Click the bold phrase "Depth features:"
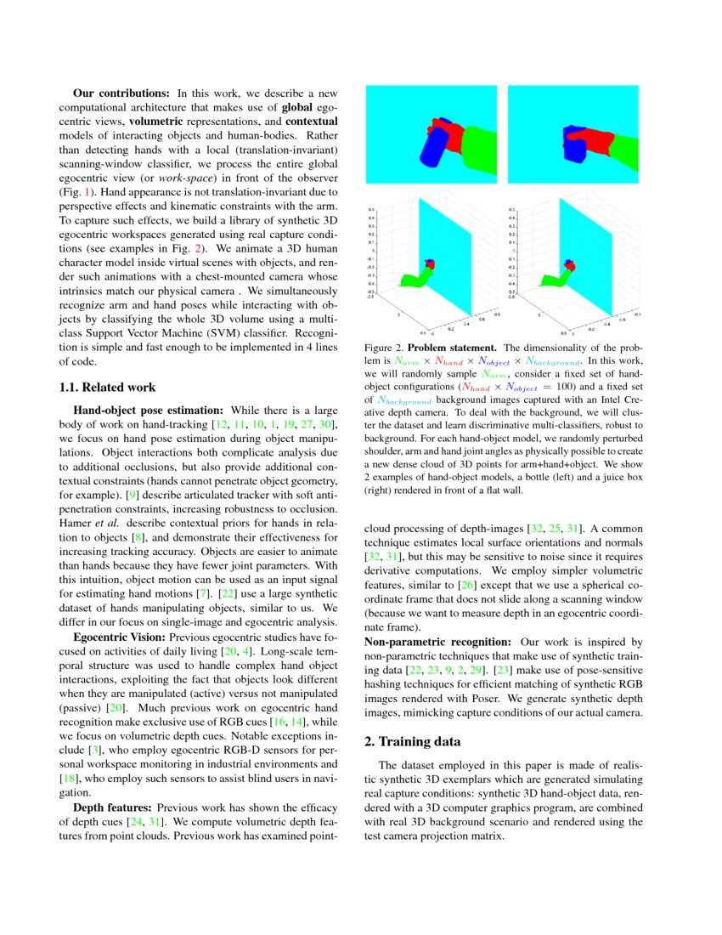pos(113,807)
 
